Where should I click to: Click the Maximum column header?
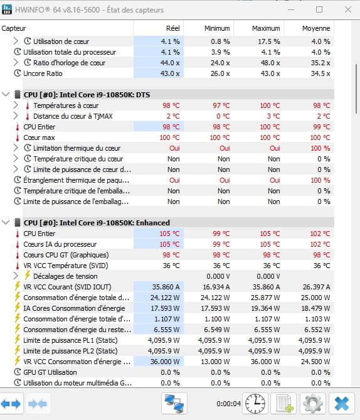[266, 28]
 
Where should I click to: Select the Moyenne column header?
[316, 28]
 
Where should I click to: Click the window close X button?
[348, 10]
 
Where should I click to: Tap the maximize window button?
[319, 9]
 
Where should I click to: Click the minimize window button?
[291, 10]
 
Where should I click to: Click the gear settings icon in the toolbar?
[313, 404]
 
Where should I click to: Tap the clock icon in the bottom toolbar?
[255, 404]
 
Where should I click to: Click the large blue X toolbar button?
[342, 404]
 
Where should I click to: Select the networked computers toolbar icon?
[174, 404]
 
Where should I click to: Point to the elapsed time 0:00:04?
[228, 404]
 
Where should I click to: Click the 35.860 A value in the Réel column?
[166, 287]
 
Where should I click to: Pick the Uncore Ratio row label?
[43, 73]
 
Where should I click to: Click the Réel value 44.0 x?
[170, 63]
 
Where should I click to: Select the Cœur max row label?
[39, 137]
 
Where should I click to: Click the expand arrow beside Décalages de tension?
[16, 276]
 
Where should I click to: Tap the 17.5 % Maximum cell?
[269, 41]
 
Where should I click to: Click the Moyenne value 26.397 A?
[316, 287]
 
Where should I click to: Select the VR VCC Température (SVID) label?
[66, 266]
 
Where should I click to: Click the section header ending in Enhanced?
[97, 223]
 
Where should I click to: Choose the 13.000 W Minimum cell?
[216, 362]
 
